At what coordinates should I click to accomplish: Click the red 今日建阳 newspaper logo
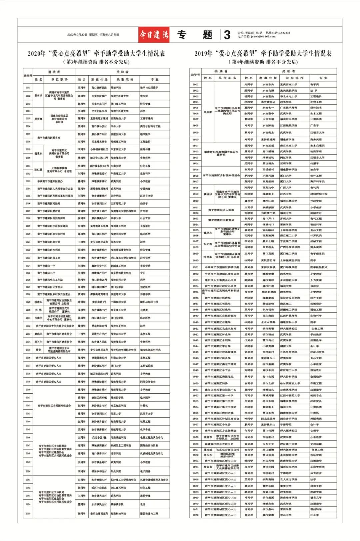pyautogui.click(x=154, y=35)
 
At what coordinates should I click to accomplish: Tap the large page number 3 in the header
pyautogui.click(x=227, y=35)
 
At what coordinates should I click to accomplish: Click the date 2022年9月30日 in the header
pyautogui.click(x=77, y=35)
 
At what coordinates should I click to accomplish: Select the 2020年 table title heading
pyautogui.click(x=96, y=53)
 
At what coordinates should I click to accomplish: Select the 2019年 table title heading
pyautogui.click(x=263, y=53)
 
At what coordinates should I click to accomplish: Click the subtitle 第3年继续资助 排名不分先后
pyautogui.click(x=96, y=62)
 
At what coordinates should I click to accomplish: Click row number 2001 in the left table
pyautogui.click(x=28, y=88)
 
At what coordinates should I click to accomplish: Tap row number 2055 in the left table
pyautogui.click(x=28, y=514)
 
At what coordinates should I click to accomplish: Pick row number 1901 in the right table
pyautogui.click(x=195, y=85)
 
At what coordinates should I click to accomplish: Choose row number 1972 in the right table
pyautogui.click(x=195, y=515)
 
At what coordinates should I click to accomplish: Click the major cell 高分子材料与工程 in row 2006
pyautogui.click(x=150, y=126)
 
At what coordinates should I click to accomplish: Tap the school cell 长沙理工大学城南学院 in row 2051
pyautogui.click(x=123, y=480)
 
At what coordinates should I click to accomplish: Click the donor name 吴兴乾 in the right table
pyautogui.click(x=208, y=112)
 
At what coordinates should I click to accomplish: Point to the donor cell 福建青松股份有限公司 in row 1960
pyautogui.click(x=219, y=444)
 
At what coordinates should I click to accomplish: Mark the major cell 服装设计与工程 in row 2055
pyautogui.click(x=149, y=514)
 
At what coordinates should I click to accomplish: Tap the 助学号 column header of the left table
pyautogui.click(x=28, y=76)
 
